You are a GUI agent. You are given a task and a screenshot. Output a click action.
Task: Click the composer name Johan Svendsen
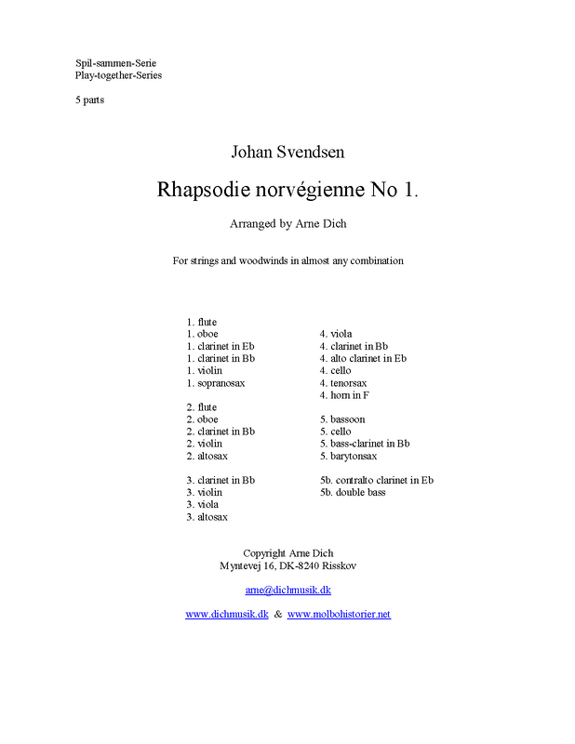coord(287,152)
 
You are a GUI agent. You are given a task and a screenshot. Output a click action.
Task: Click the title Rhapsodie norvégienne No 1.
coord(287,189)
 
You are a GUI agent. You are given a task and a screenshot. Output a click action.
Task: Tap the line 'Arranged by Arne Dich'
coord(287,223)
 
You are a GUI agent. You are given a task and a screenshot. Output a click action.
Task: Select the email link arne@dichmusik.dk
coord(288,590)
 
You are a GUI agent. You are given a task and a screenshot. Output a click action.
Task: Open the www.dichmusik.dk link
coord(227,614)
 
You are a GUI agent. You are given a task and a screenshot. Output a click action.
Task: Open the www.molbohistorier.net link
coord(339,614)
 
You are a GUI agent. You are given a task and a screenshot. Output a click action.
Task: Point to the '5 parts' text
coord(89,100)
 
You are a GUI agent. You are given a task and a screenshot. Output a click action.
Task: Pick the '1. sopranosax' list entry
coord(216,382)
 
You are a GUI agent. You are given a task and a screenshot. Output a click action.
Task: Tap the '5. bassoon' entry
coord(342,419)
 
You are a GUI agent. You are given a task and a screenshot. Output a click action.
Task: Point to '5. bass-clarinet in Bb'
coord(364,444)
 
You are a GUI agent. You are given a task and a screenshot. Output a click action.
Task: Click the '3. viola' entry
coord(204,504)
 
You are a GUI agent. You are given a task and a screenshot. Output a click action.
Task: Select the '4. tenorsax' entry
coord(343,382)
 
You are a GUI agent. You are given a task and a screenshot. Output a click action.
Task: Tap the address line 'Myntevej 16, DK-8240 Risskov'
coord(287,565)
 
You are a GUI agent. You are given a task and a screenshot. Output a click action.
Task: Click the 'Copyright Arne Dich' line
coord(287,552)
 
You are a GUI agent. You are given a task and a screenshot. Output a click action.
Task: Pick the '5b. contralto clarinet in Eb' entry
coord(376,480)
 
